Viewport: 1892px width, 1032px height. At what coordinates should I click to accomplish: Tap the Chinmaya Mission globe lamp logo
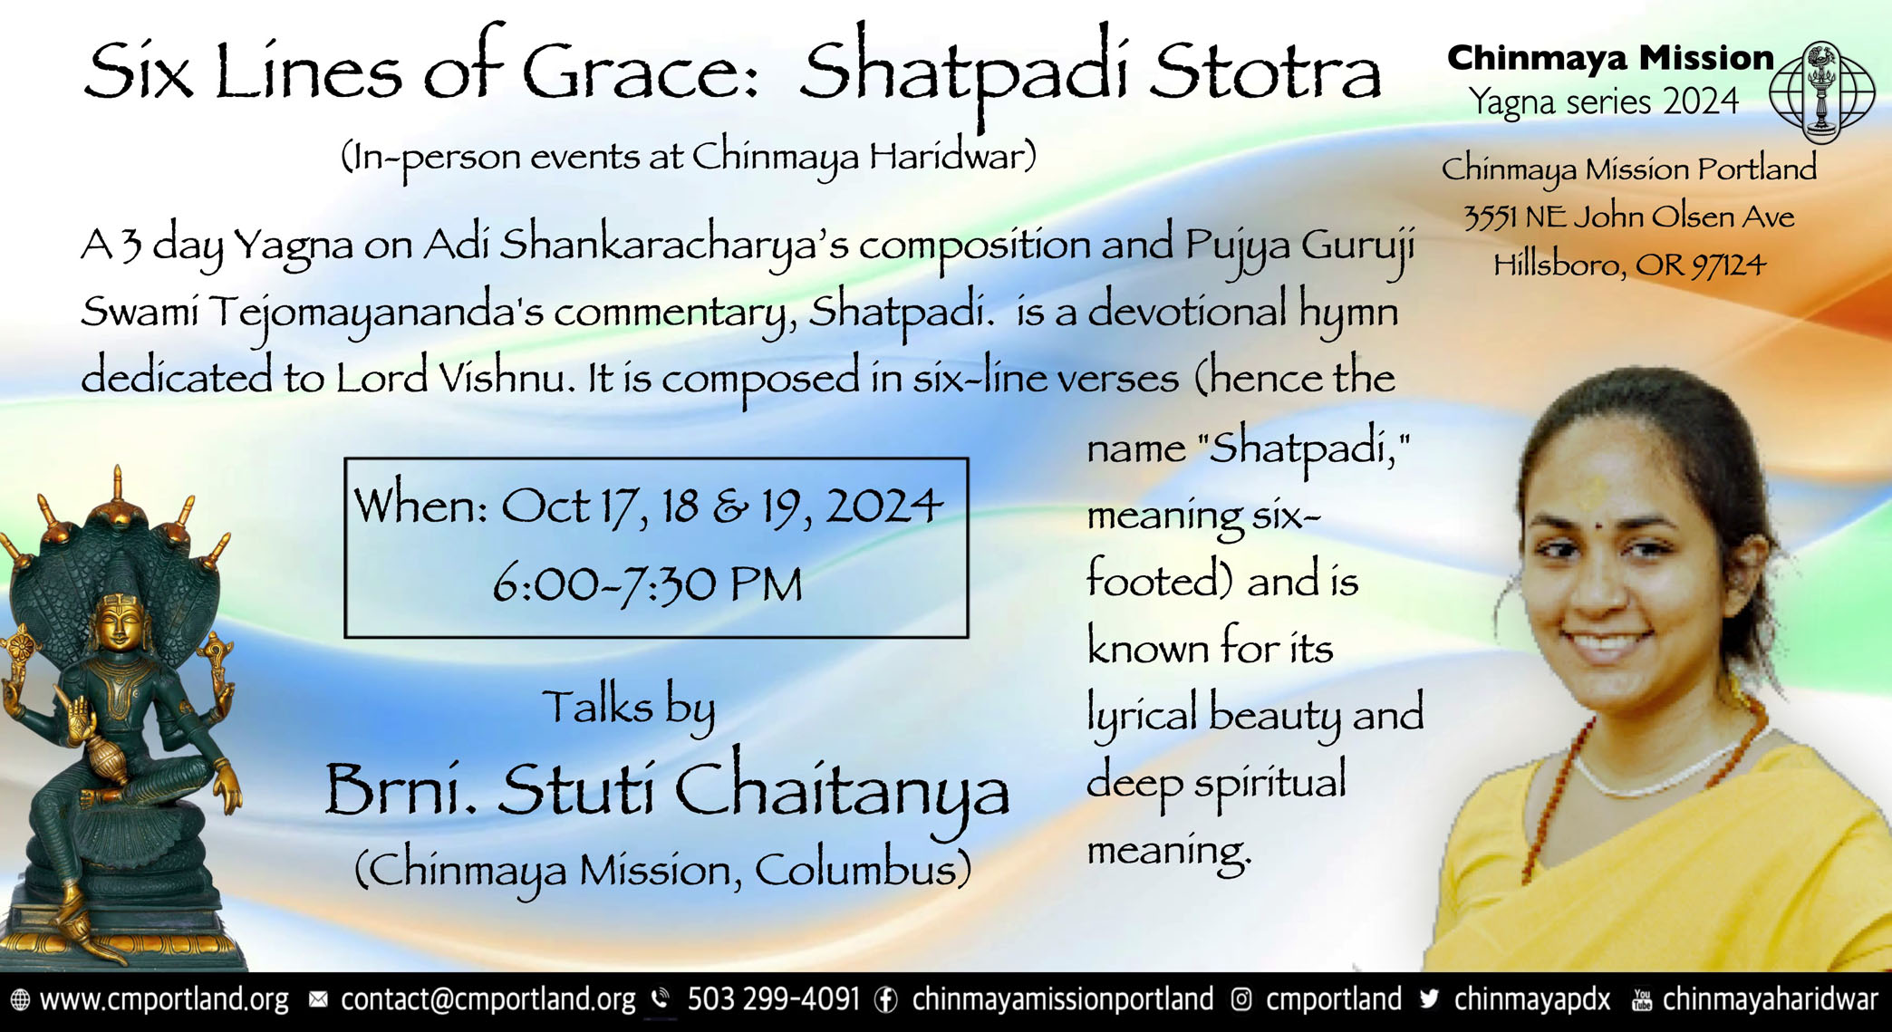click(1822, 92)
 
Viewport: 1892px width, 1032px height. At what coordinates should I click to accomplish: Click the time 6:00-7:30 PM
click(648, 584)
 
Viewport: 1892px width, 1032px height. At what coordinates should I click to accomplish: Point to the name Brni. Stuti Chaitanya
click(667, 791)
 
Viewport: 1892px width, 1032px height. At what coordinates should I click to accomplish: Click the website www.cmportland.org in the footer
click(164, 999)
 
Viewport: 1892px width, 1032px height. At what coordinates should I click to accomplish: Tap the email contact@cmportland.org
click(487, 999)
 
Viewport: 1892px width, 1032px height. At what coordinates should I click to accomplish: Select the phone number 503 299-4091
click(773, 999)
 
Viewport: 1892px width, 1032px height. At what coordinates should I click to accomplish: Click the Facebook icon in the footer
click(885, 1000)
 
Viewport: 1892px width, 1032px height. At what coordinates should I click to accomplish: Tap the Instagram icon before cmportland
click(1241, 1000)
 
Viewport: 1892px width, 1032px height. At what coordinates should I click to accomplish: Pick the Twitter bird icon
click(1430, 998)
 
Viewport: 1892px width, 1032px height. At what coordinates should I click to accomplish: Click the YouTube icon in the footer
click(1641, 999)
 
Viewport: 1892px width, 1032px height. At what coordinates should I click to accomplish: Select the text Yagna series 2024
click(1604, 102)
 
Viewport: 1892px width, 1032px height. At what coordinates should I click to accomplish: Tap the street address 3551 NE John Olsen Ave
click(1629, 217)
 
